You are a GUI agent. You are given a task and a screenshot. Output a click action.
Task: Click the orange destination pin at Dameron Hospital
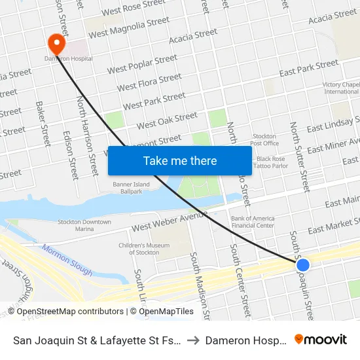(x=57, y=43)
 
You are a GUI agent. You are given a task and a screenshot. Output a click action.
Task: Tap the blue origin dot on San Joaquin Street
(x=303, y=265)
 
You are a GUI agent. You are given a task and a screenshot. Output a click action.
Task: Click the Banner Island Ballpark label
(x=131, y=189)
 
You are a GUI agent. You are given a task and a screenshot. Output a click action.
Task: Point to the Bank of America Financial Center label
(x=252, y=222)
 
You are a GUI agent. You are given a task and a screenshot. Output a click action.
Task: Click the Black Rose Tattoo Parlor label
(x=272, y=162)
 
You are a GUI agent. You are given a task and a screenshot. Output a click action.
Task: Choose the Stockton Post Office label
(x=264, y=139)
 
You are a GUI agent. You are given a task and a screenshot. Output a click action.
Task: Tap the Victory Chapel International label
(x=341, y=88)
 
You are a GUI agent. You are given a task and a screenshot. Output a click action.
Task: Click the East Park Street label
(x=309, y=69)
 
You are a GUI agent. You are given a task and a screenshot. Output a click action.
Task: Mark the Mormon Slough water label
(x=59, y=259)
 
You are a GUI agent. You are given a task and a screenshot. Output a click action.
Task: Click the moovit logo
(x=321, y=339)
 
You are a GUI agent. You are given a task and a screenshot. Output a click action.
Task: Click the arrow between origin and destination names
(x=196, y=340)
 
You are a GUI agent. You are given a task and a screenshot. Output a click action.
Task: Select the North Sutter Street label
(x=298, y=156)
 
